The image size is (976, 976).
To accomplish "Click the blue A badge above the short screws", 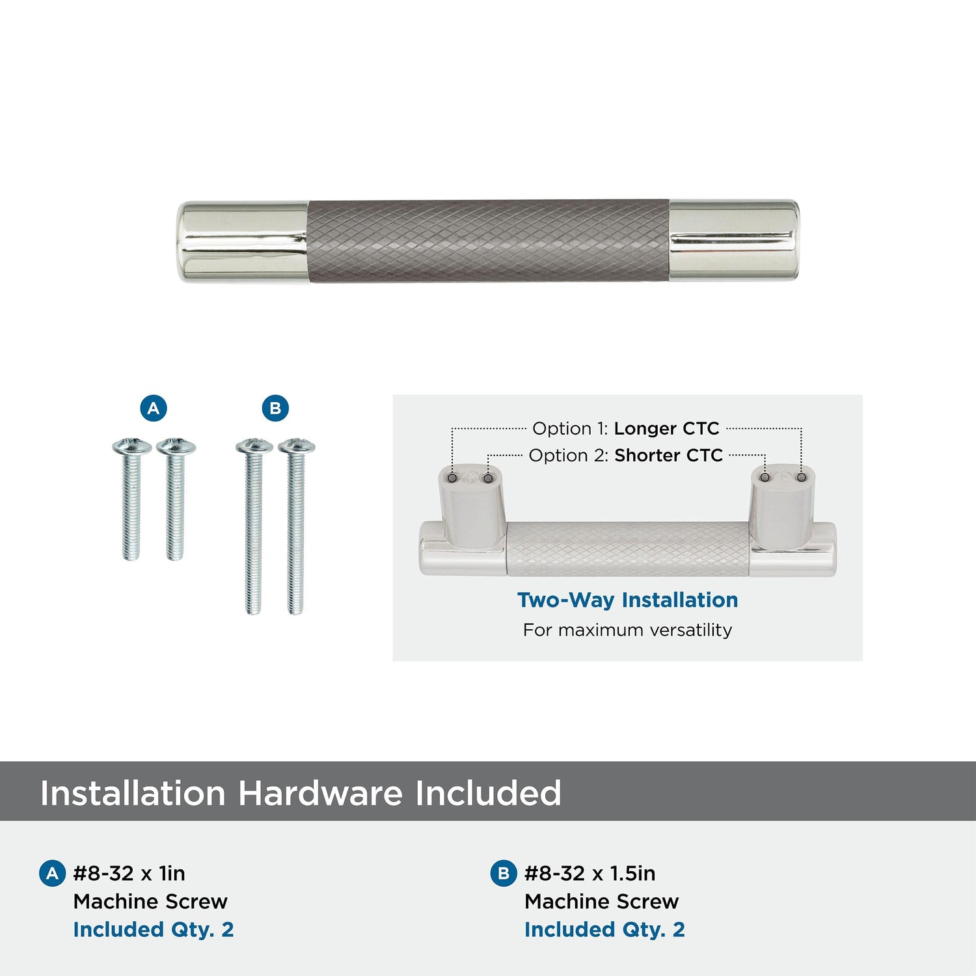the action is tap(154, 408).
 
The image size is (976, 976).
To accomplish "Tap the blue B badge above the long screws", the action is tap(275, 408).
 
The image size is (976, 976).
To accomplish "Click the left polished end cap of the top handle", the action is tap(243, 241).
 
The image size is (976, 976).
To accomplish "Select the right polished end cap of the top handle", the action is tap(735, 240).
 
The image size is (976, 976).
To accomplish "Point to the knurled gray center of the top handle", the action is tap(489, 241).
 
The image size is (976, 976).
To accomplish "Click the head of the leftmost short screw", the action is tap(131, 446).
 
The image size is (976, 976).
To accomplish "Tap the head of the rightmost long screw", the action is tap(297, 446).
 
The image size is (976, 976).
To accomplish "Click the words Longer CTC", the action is tap(666, 428).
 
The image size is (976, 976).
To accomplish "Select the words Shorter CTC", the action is tap(668, 455).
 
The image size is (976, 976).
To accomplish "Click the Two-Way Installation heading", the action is tap(627, 600).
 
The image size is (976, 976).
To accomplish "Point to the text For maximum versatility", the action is tap(627, 630).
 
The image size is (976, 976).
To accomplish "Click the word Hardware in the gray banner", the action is tap(320, 793).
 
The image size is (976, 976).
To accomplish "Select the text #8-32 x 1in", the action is tap(129, 873).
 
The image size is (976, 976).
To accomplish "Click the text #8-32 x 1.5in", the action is tap(590, 873).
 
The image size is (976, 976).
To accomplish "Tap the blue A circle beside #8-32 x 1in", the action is tap(52, 874).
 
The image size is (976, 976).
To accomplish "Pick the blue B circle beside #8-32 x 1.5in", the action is tap(503, 873).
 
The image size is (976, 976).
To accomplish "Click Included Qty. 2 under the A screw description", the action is tap(153, 930).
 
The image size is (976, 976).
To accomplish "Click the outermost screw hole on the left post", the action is tap(452, 478).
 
